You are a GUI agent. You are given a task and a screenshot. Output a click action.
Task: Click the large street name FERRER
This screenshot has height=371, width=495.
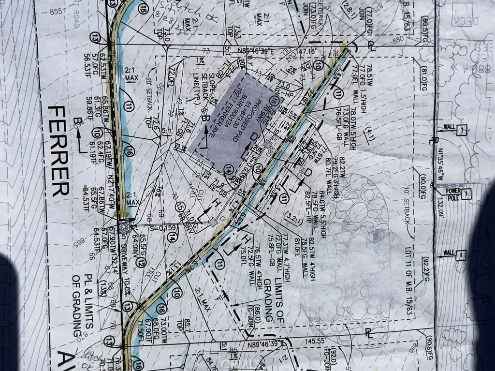pos(58,151)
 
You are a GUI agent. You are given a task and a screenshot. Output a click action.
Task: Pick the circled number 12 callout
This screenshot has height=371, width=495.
pos(141,263)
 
